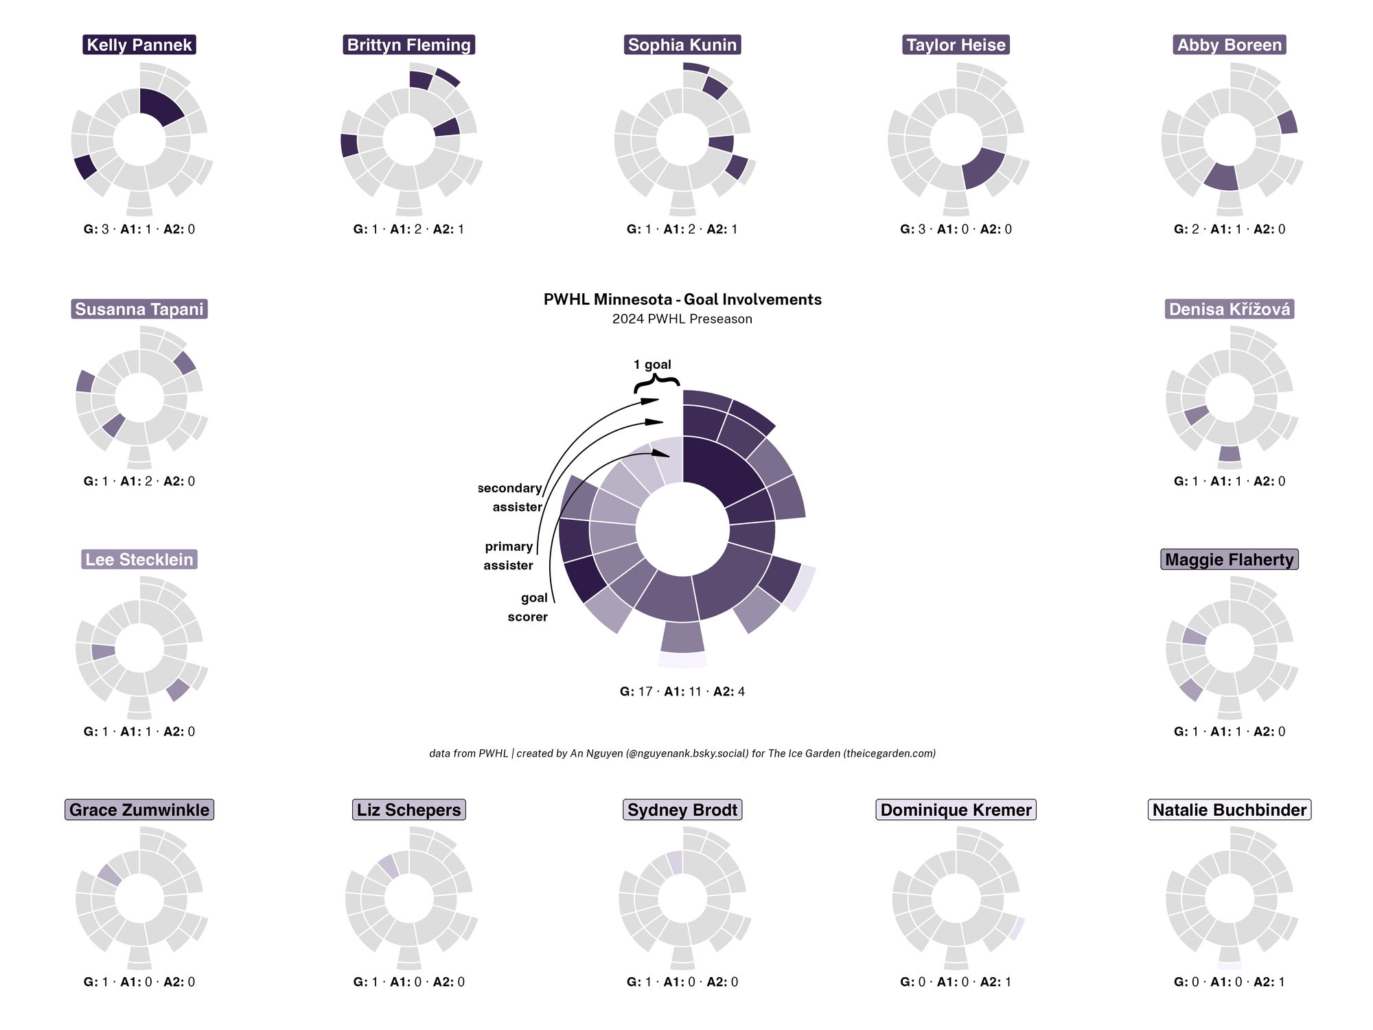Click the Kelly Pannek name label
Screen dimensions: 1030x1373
click(x=139, y=45)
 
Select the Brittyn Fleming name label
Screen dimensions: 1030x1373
click(x=408, y=45)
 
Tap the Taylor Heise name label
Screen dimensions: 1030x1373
click(x=956, y=45)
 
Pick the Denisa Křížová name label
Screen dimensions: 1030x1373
click(x=1230, y=310)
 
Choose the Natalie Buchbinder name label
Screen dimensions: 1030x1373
click(x=1230, y=810)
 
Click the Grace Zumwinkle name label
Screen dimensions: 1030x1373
click(x=139, y=810)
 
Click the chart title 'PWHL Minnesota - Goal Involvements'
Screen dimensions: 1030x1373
click(x=682, y=299)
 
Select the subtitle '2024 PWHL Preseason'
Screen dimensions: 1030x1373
click(x=682, y=319)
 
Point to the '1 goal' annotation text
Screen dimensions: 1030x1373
click(x=652, y=365)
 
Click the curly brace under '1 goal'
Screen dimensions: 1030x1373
click(x=657, y=383)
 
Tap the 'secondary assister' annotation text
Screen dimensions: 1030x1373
click(x=511, y=498)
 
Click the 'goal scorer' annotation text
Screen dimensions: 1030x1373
click(x=528, y=607)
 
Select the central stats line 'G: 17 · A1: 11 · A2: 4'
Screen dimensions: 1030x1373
click(x=682, y=691)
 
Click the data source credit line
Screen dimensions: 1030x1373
click(x=682, y=753)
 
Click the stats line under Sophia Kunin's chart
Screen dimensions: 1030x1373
click(x=682, y=229)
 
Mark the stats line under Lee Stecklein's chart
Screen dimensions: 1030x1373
click(x=139, y=732)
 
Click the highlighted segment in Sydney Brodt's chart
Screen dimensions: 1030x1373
click(x=675, y=862)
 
